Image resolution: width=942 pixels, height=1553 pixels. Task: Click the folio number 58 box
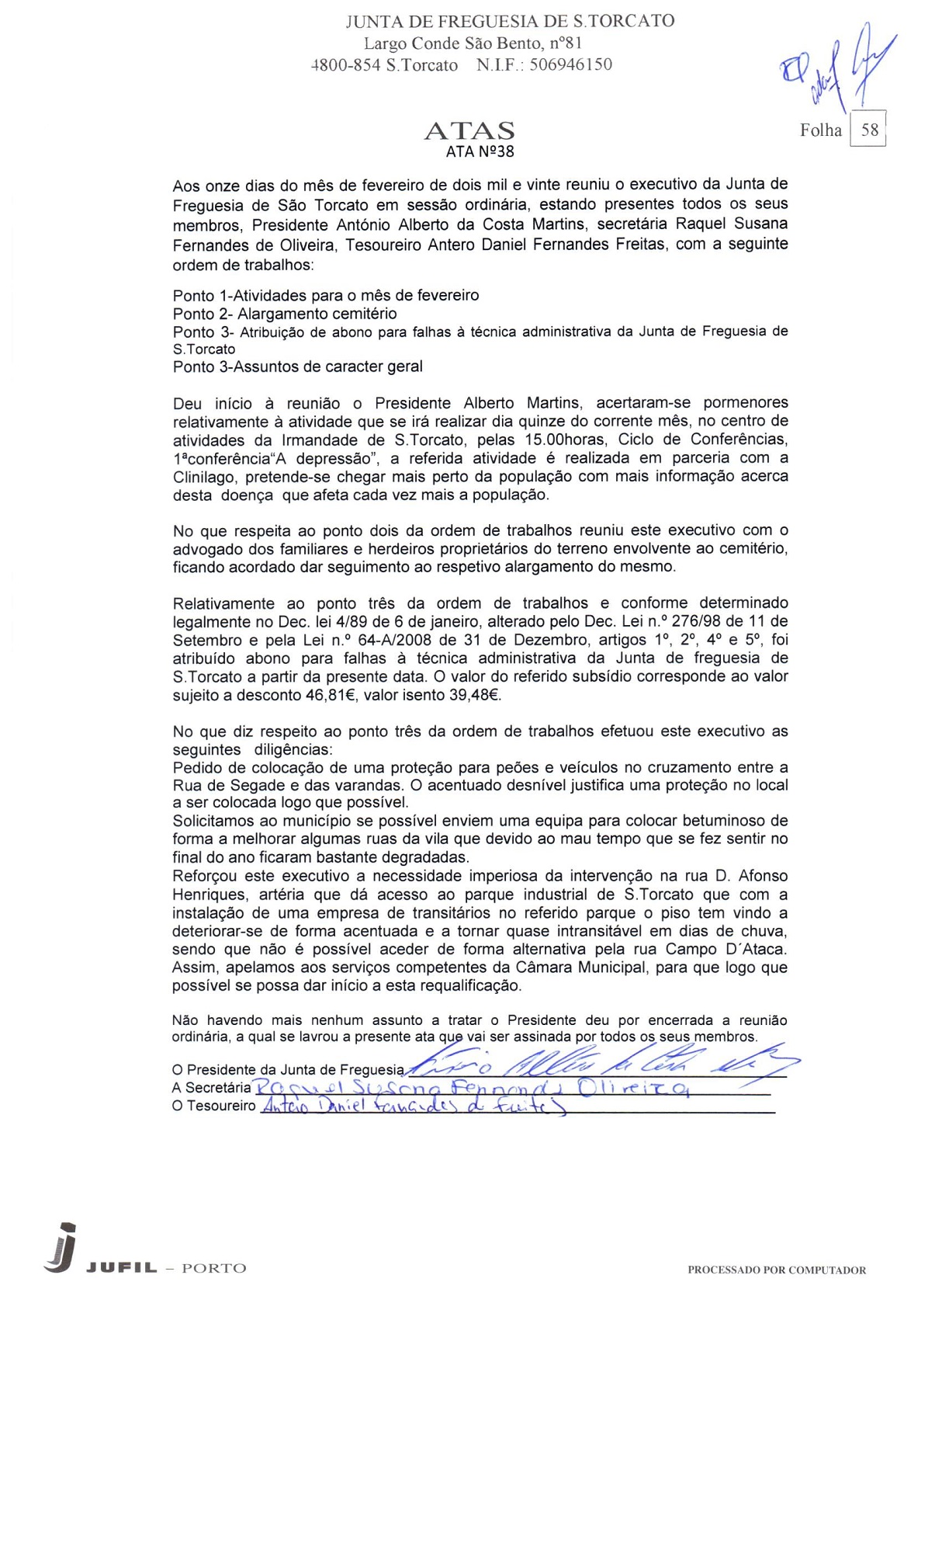[x=869, y=130]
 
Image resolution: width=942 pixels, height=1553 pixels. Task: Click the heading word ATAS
[x=469, y=130]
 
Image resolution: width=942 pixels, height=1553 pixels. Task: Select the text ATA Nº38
[x=480, y=151]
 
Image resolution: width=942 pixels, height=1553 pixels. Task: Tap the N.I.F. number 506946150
[x=570, y=64]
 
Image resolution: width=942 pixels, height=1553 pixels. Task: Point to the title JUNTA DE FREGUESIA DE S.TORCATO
[x=510, y=21]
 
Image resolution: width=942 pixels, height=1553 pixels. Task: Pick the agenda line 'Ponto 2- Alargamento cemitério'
[x=285, y=314]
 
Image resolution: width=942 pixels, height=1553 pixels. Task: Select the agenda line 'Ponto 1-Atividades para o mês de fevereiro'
[x=326, y=295]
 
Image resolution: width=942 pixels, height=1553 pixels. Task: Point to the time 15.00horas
[x=566, y=439]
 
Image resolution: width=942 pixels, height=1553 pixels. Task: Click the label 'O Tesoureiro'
[x=213, y=1106]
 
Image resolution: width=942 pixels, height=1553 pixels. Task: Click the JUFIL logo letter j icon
[x=63, y=1248]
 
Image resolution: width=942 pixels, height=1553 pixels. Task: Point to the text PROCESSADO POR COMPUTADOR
[x=776, y=1270]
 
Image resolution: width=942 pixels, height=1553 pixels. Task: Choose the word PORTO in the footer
[x=213, y=1269]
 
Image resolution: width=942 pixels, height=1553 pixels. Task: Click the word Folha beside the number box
[x=820, y=130]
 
